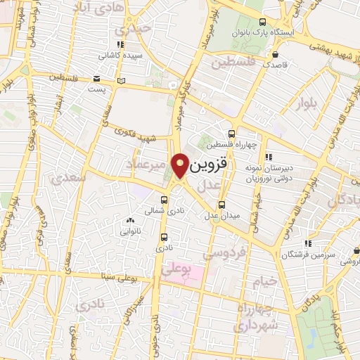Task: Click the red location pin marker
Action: click(180, 166)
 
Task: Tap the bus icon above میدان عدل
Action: click(222, 205)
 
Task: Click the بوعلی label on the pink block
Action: click(176, 270)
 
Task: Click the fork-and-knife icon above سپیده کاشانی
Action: click(121, 44)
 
